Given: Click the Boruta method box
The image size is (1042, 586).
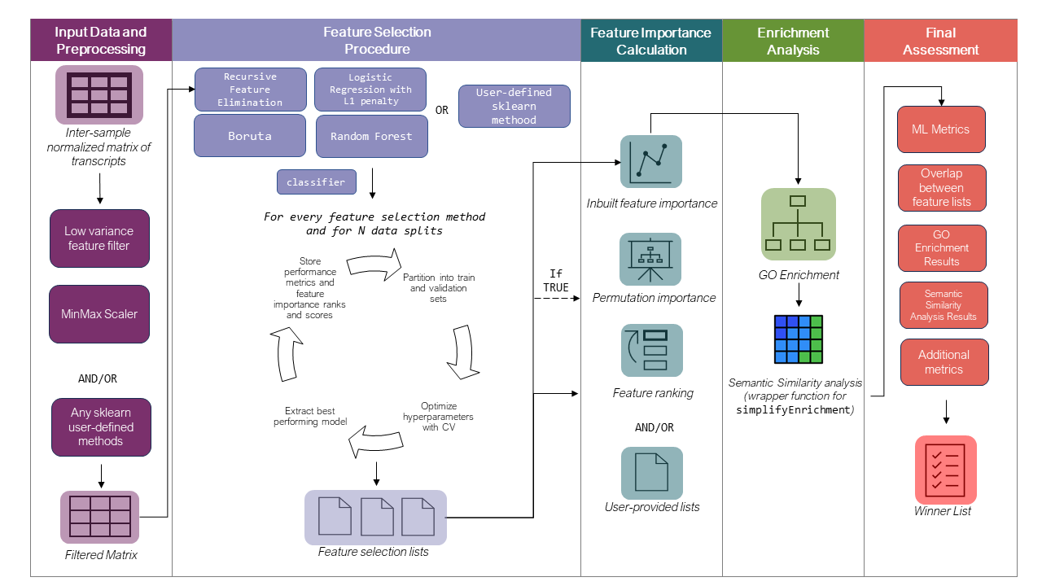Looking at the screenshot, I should point(249,135).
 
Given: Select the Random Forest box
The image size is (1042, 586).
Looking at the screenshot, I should point(370,135).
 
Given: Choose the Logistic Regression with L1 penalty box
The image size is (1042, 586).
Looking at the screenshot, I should point(370,90).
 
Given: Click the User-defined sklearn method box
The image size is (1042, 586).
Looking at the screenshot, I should point(514,106).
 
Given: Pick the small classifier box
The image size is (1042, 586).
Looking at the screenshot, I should point(317,182).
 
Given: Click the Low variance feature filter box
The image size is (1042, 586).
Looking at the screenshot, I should point(99,238).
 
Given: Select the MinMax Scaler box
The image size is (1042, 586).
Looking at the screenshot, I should point(99,313).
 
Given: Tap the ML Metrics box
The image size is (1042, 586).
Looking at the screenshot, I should point(941,129).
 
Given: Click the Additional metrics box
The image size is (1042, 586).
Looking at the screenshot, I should point(943,362).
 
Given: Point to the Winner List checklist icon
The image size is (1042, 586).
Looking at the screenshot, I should point(945,470).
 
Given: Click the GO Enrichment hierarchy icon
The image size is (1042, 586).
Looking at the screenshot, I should point(798,224).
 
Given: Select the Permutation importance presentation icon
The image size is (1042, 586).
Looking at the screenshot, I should point(650,259).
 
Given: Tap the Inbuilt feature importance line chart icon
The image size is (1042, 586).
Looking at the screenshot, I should point(650,162).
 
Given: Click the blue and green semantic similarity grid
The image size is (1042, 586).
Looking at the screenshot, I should point(798,337).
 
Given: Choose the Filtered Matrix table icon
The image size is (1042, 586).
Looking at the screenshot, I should point(99,517).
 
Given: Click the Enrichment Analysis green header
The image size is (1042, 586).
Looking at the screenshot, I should point(792,41).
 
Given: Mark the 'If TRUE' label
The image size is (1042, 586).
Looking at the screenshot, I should point(556,281).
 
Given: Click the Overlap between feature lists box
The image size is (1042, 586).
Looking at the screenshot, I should point(941,188).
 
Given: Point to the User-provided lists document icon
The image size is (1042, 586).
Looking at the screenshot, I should point(651,473).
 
